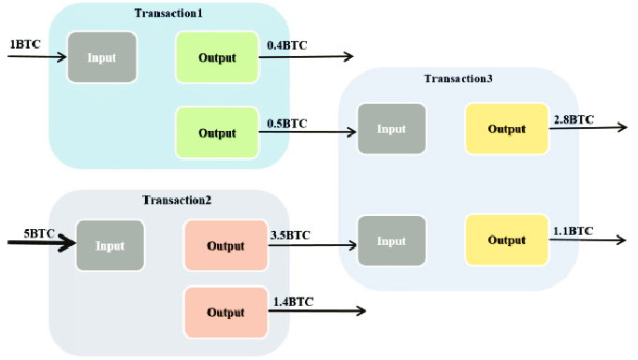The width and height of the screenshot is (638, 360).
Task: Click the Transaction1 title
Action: coord(169,13)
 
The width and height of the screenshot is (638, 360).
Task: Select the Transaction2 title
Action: coord(177,200)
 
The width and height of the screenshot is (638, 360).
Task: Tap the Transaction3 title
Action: coord(458,78)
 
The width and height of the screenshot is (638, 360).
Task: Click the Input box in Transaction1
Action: coord(102,57)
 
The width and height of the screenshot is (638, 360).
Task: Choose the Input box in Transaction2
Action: coord(109,246)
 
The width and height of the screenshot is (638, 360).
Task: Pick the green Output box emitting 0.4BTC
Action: coord(217,57)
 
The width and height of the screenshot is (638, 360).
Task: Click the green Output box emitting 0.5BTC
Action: coord(217,133)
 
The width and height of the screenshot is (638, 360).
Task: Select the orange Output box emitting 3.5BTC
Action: coord(225,246)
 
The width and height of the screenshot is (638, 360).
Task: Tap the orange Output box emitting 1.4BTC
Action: coord(225,312)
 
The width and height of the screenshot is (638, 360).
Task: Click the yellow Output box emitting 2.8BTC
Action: coord(506,128)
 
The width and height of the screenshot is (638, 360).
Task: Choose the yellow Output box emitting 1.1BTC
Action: coord(506,240)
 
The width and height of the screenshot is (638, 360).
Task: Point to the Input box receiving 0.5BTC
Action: coord(391,128)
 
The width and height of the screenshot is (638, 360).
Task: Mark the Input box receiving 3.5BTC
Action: coord(391,241)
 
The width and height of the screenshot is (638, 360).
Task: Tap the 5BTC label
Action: coord(24,233)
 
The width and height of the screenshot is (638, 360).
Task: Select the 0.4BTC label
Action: coord(287,45)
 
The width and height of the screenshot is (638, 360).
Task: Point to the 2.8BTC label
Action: coord(573,120)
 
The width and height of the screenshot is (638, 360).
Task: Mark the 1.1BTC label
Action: coord(573,230)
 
